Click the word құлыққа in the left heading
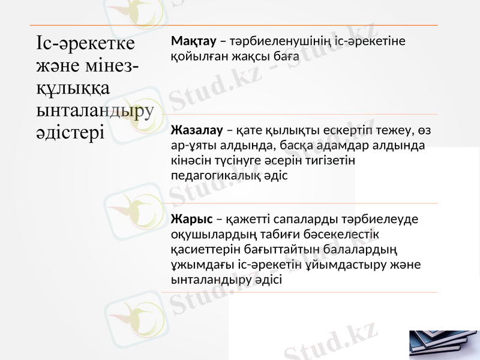(73, 88)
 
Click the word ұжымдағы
(197, 264)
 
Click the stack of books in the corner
(444, 344)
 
